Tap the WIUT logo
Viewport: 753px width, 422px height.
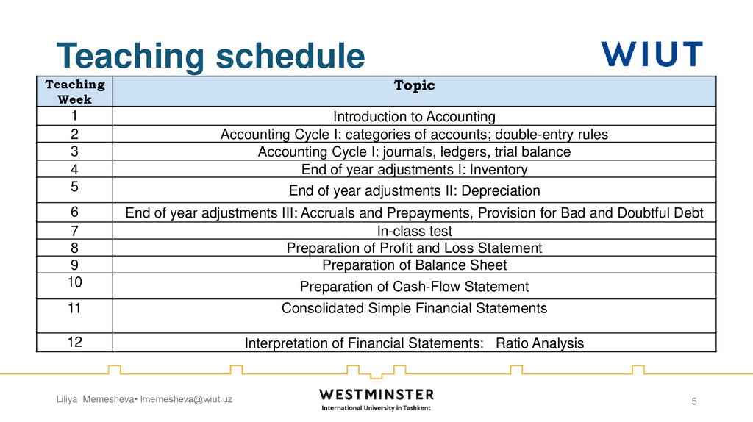coord(652,54)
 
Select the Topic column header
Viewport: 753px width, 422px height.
coord(414,86)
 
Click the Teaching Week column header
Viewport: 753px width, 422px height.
coord(75,92)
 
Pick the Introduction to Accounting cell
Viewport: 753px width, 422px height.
coord(414,116)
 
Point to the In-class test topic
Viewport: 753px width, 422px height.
coord(414,231)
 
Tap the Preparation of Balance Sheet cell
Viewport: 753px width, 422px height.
coord(414,265)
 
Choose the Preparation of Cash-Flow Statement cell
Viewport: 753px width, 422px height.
coord(414,287)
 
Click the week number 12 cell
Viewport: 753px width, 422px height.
coord(75,342)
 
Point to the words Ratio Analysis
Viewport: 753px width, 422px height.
coord(540,343)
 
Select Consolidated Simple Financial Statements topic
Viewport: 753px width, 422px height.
coord(414,308)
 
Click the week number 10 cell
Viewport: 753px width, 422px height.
coord(75,282)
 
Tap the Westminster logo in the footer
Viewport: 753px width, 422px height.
coord(376,399)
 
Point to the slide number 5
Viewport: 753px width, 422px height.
coord(693,401)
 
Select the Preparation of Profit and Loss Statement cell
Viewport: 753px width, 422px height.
coord(414,248)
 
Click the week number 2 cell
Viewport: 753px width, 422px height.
coord(75,134)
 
